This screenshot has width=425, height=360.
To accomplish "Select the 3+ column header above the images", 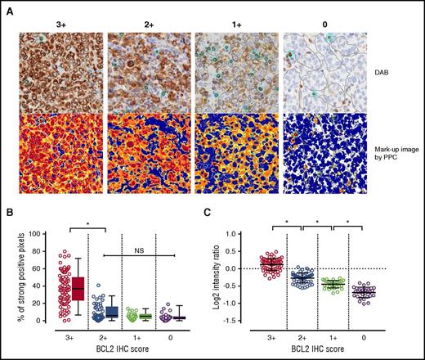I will point(62,24).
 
